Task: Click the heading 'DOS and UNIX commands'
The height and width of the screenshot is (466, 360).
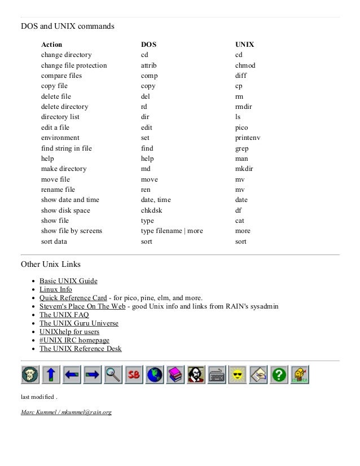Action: coord(68,26)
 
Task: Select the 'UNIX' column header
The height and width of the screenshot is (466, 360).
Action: coord(244,44)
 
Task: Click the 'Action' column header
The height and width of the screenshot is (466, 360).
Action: coord(51,44)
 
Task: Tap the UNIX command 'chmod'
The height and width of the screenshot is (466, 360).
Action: coord(245,65)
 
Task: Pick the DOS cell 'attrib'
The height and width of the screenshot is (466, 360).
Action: coord(150,65)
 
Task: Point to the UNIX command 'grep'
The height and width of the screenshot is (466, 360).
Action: coord(242,148)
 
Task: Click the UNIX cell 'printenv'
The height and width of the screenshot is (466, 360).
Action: coord(248,138)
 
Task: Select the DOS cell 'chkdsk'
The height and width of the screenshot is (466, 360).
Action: coord(152,210)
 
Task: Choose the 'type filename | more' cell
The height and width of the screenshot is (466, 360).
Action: coord(172,231)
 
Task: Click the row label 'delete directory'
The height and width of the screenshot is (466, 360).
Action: coord(64,107)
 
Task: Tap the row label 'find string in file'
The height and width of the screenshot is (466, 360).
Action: coord(66,148)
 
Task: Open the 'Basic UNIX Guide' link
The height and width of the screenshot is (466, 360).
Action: coord(68,281)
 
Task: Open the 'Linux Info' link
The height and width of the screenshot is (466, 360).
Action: coord(55,289)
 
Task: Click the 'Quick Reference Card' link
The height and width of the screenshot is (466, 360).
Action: coord(73,298)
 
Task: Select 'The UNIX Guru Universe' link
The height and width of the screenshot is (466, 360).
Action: coord(79,323)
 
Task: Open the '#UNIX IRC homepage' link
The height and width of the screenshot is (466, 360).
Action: coord(74,340)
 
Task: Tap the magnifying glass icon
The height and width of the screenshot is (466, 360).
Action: coord(114,375)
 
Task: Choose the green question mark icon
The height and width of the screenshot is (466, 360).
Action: coord(278,375)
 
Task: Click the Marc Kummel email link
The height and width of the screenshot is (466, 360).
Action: coord(66,412)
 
